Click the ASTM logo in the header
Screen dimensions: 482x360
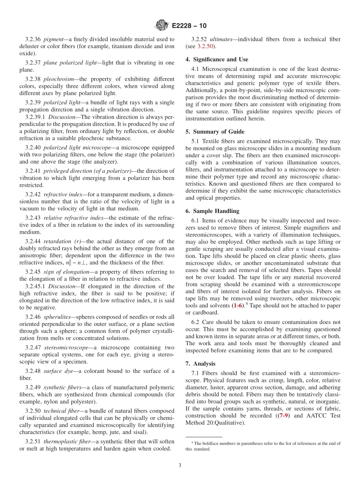pos(162,25)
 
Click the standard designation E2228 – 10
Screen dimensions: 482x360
pos(189,26)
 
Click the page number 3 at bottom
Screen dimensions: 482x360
pos(180,465)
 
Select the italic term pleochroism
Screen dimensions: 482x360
pos(58,79)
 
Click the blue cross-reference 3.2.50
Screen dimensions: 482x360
pos(206,46)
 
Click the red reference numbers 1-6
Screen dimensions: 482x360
pos(238,305)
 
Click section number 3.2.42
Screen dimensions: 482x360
pos(33,194)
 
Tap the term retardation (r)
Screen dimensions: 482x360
pos(63,241)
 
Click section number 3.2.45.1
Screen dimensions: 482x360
pos(35,286)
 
